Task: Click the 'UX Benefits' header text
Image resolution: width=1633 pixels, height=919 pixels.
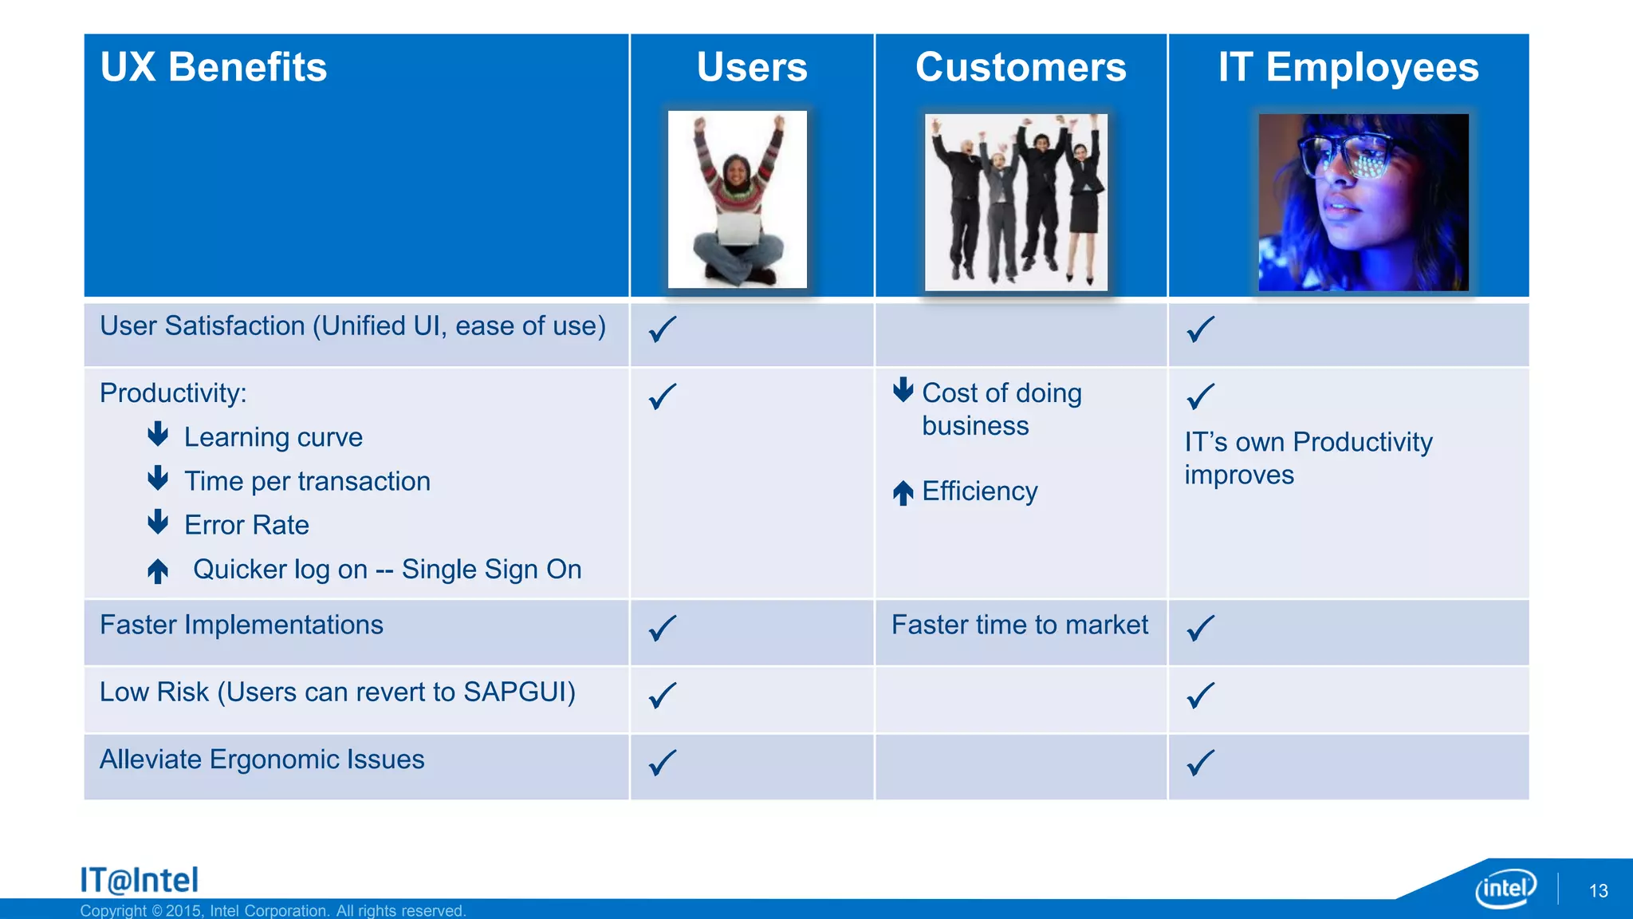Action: pos(214,67)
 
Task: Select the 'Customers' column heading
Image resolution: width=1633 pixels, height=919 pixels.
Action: pos(1021,67)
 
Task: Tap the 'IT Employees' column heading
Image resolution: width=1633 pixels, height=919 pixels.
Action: pos(1348,67)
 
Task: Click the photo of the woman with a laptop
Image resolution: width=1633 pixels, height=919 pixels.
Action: pos(737,199)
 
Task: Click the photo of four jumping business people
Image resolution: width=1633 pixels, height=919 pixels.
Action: pos(1016,202)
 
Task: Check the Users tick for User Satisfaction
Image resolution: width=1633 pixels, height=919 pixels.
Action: pos(663,329)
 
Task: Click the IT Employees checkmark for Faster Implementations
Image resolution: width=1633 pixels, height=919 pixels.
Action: pos(1201,628)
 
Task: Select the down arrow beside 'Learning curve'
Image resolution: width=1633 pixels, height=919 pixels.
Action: pos(158,435)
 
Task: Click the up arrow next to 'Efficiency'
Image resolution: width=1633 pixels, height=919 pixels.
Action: pos(903,492)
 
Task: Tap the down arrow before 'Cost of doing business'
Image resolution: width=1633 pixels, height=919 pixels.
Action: pos(903,389)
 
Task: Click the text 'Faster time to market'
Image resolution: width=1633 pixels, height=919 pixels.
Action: pos(1020,625)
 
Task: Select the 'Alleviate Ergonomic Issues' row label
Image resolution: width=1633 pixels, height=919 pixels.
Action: pos(262,759)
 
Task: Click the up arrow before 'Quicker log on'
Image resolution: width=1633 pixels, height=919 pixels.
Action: pos(158,570)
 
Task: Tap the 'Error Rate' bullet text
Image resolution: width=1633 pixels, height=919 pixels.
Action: pos(246,525)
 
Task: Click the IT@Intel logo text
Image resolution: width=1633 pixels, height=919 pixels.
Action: pos(139,880)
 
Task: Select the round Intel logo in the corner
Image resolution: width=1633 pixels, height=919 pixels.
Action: pos(1505,888)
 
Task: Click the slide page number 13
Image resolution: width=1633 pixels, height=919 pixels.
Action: pos(1598,891)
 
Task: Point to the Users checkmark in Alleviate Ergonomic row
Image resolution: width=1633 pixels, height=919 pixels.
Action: pos(663,763)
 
